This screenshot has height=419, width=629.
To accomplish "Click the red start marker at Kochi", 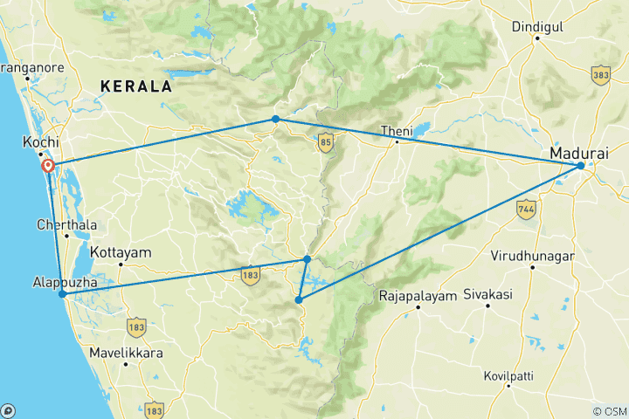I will [48, 165].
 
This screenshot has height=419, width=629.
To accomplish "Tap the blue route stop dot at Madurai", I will [581, 165].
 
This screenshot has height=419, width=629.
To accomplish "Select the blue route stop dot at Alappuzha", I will [62, 294].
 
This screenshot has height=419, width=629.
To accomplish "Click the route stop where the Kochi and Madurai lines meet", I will [275, 119].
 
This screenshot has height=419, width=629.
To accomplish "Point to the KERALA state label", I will [135, 86].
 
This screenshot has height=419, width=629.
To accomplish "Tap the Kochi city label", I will [41, 141].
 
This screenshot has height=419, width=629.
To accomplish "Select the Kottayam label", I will [121, 252].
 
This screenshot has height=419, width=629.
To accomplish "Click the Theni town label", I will [394, 131].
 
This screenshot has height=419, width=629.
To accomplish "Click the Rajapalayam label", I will [418, 296].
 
